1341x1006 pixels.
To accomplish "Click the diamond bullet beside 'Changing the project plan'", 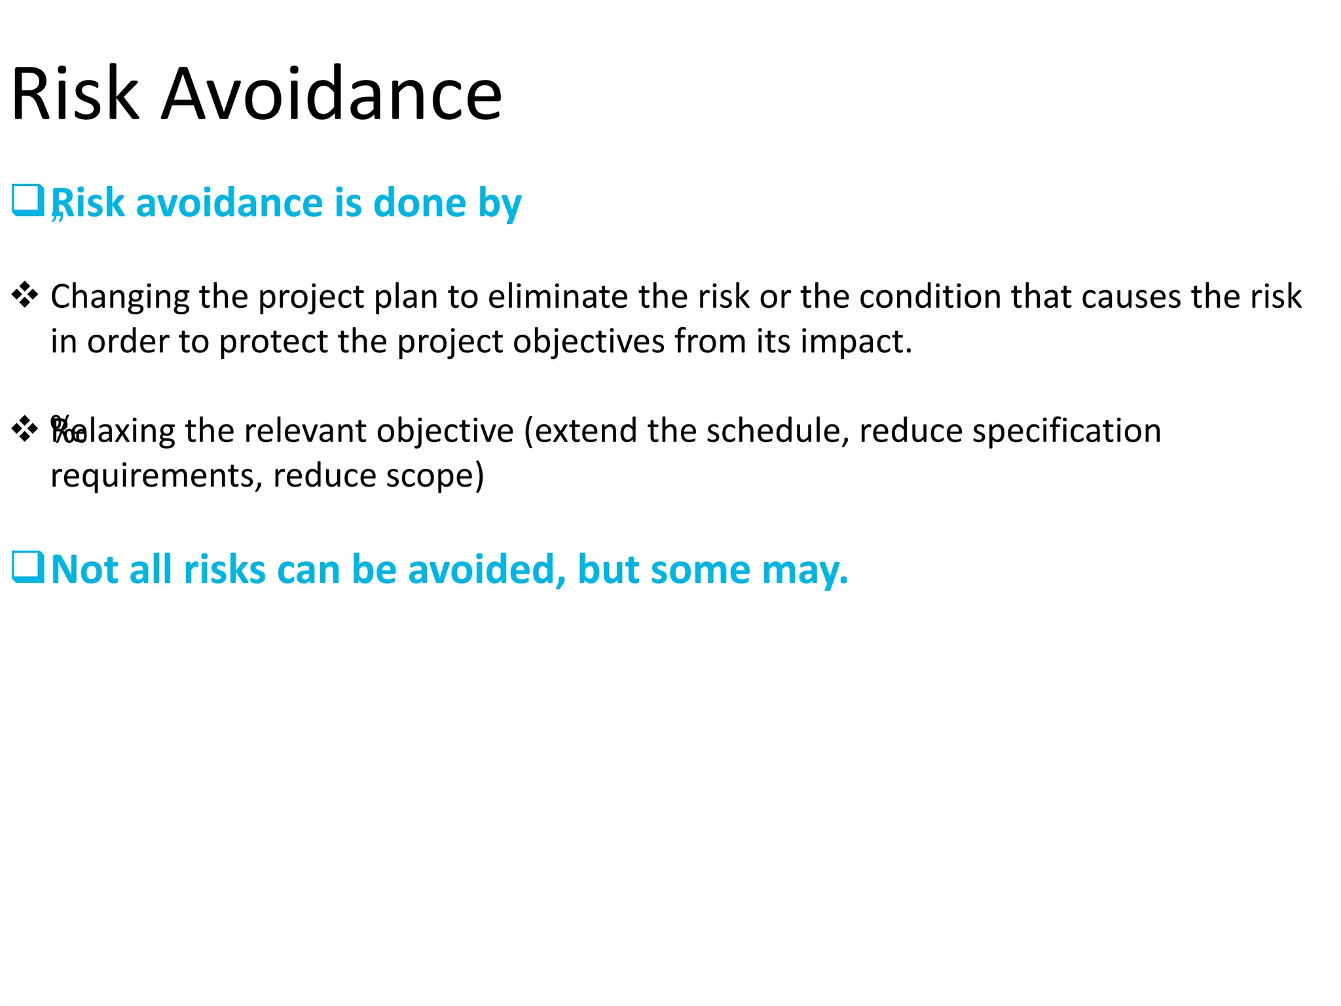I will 25,295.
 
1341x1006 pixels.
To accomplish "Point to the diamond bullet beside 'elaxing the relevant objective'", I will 25,429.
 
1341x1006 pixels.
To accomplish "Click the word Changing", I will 120,297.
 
